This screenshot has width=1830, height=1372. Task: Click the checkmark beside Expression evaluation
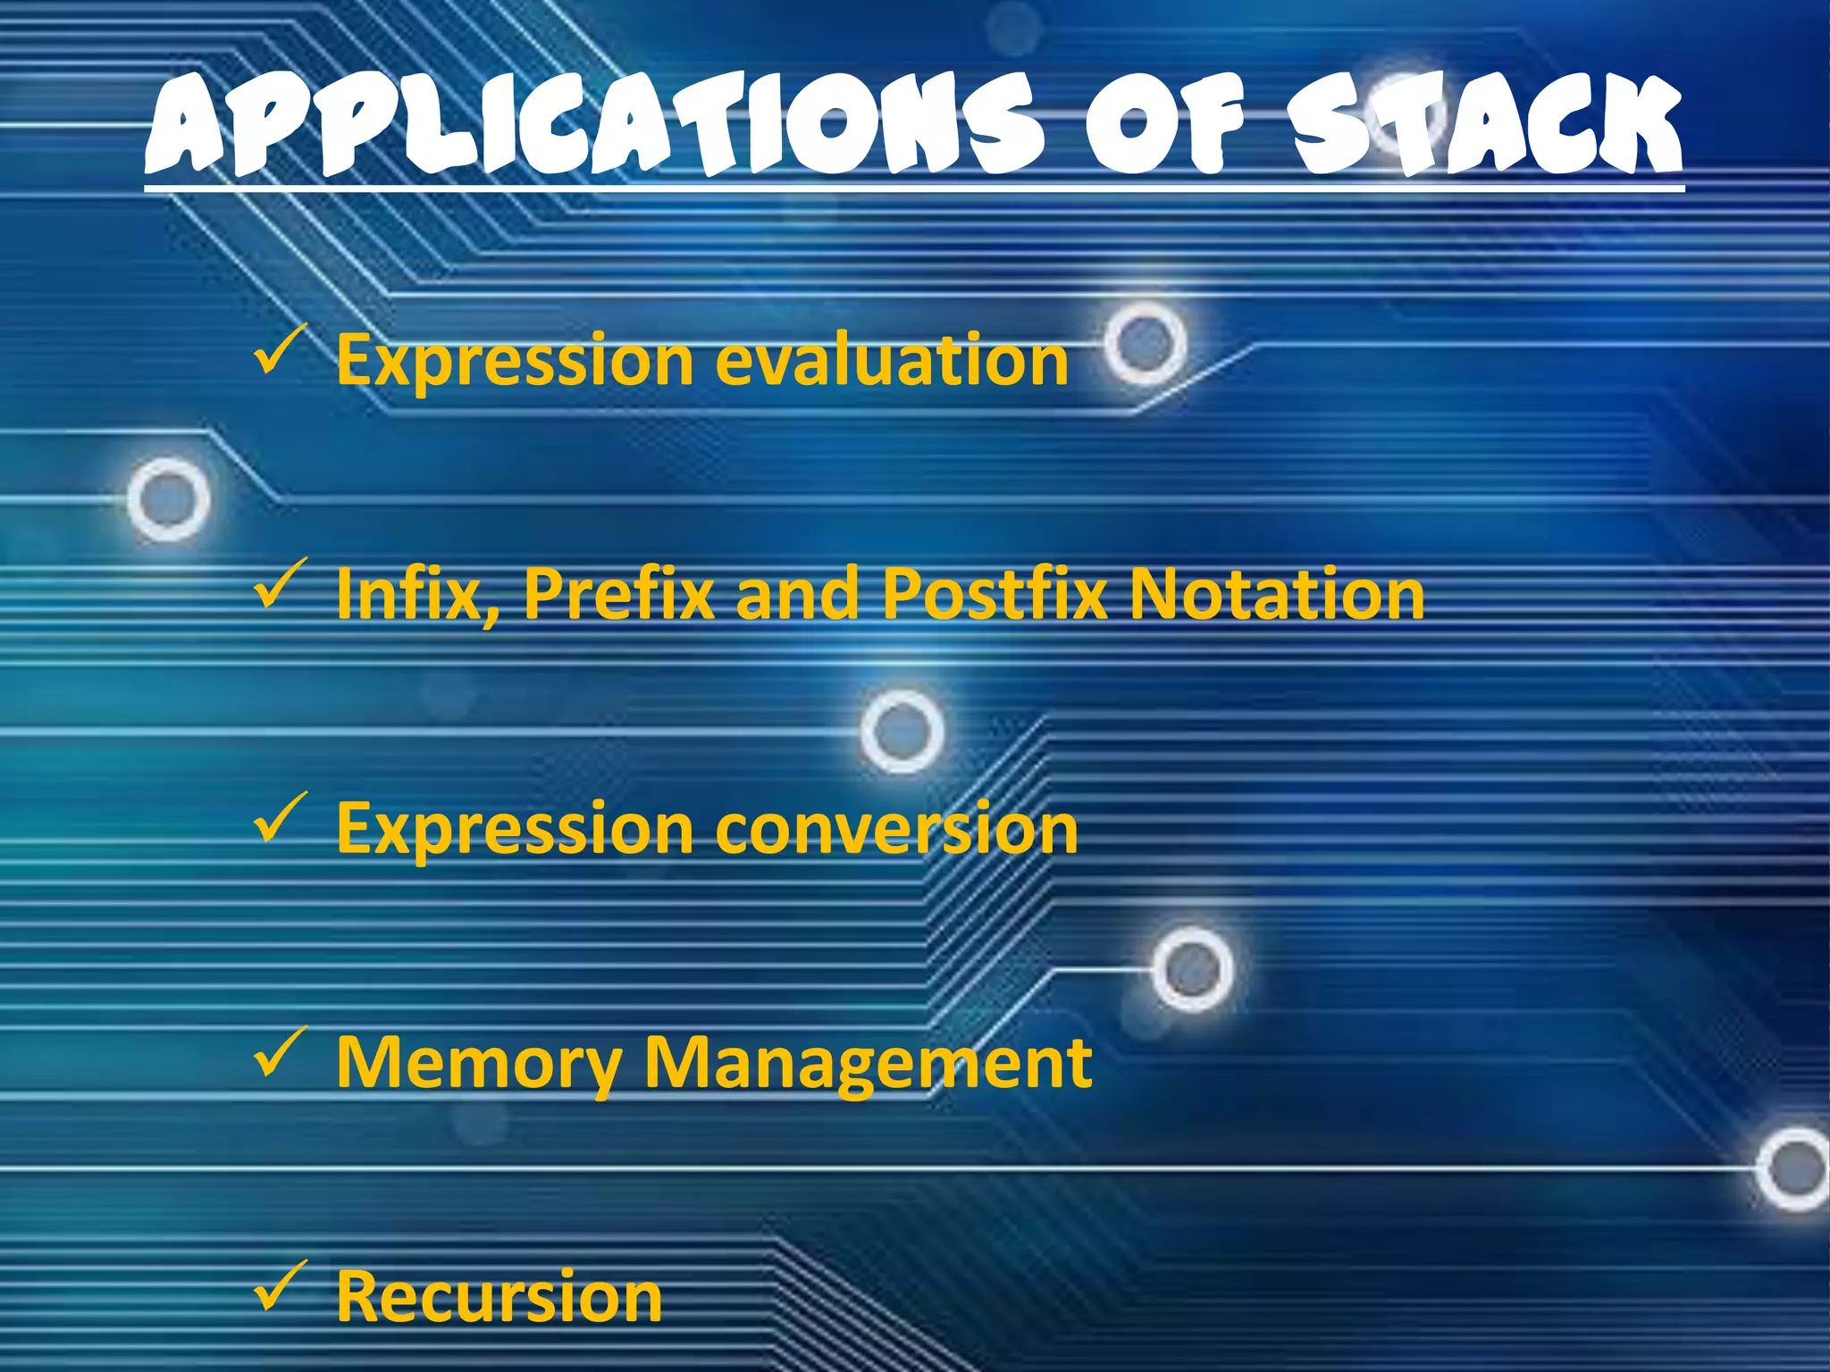click(x=279, y=351)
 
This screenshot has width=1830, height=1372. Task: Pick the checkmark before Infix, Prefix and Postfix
click(x=279, y=585)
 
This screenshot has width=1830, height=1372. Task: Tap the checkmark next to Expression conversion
click(x=279, y=819)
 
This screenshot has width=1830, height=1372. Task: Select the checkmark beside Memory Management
click(x=279, y=1053)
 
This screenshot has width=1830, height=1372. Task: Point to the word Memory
click(x=478, y=1065)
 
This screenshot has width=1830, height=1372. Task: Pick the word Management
click(x=868, y=1065)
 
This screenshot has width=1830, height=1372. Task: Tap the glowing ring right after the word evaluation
click(x=1146, y=343)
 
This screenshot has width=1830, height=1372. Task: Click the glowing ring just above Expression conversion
click(x=902, y=731)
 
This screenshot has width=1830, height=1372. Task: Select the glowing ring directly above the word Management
click(x=1192, y=969)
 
